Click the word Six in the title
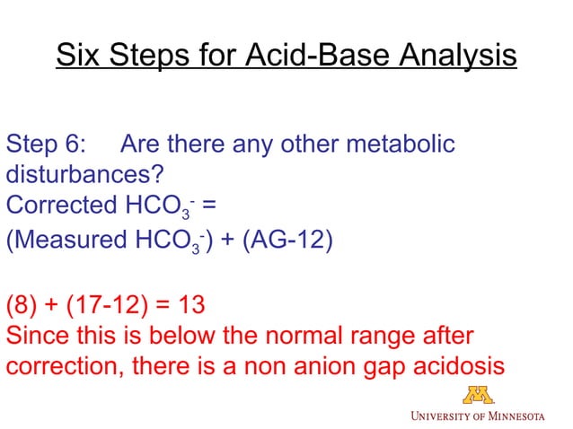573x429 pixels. pos(76,56)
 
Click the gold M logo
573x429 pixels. pos(478,394)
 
